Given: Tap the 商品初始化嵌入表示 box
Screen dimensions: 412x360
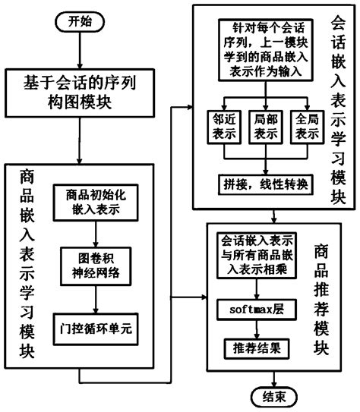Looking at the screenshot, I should (x=94, y=201).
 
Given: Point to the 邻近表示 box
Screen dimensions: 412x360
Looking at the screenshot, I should (x=221, y=126).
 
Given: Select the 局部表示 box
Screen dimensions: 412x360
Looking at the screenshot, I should (x=264, y=126).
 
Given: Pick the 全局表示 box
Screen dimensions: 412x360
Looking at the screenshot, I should (x=307, y=126).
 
